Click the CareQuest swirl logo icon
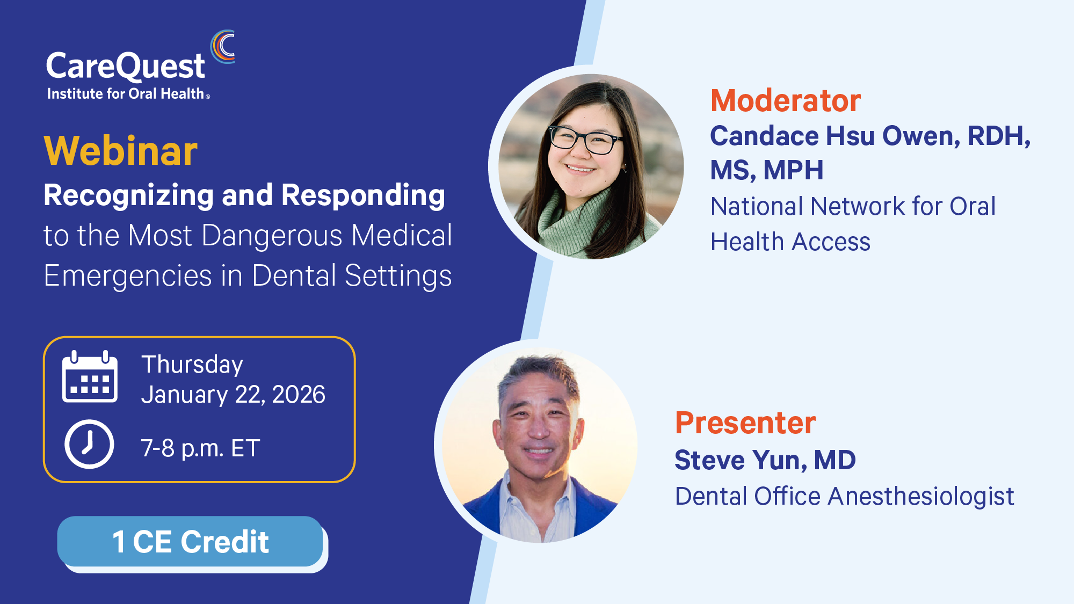coord(223,47)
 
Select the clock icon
coord(89,444)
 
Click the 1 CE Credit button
coord(190,541)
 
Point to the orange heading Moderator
coord(785,100)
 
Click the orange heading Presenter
coord(745,423)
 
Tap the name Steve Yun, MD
coord(765,460)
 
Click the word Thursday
coord(192,365)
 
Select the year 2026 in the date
coord(299,395)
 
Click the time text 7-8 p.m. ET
coord(200,448)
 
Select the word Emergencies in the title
coord(127,276)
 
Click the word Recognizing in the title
coord(128,195)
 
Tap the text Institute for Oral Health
coord(125,94)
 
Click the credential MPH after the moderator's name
coord(793,170)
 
